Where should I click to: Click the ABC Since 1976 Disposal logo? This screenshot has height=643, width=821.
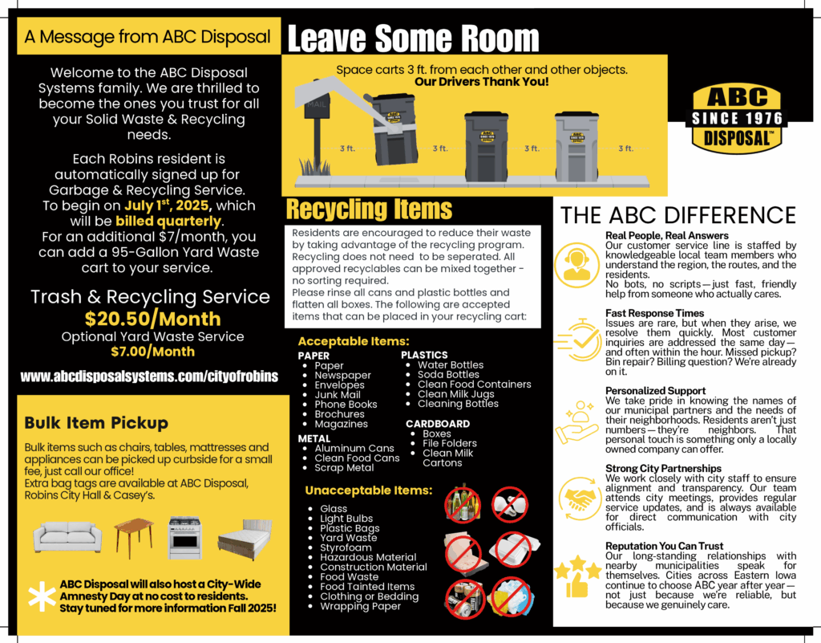pyautogui.click(x=737, y=118)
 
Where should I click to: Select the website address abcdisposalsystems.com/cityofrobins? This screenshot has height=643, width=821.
pyautogui.click(x=149, y=376)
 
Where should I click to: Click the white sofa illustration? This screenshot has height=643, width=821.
pyautogui.click(x=67, y=535)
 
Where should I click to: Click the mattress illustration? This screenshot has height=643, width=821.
pyautogui.click(x=244, y=538)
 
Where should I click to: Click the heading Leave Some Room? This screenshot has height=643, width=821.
pyautogui.click(x=413, y=38)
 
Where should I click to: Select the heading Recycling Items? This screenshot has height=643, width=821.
pyautogui.click(x=370, y=210)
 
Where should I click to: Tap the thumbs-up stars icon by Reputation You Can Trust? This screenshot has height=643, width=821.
pyautogui.click(x=576, y=575)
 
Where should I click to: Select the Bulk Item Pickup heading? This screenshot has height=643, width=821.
pyautogui.click(x=96, y=423)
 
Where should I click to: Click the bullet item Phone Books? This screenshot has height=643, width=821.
pyautogui.click(x=346, y=405)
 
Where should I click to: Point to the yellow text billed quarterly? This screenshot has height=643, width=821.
pyautogui.click(x=168, y=221)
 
